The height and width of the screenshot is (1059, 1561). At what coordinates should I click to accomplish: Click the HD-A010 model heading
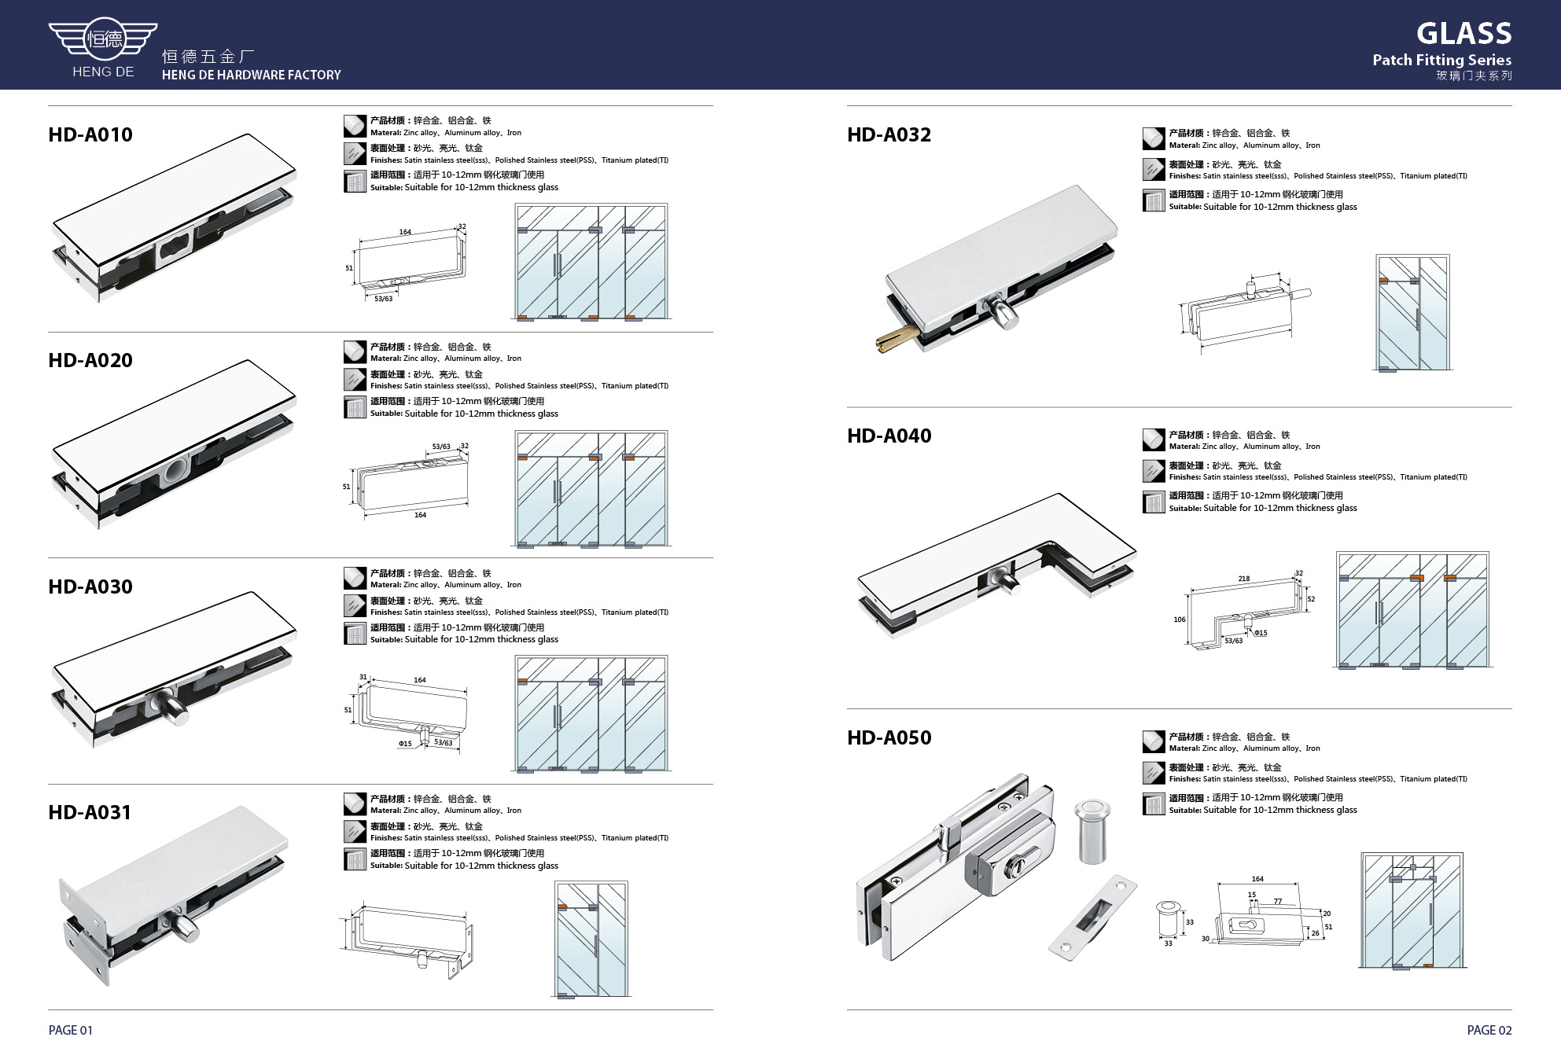pos(90,134)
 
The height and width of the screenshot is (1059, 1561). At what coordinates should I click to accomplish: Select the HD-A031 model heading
pos(90,812)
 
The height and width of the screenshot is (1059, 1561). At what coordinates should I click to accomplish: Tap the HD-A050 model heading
pos(889,737)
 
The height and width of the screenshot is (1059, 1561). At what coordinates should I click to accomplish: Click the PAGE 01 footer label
pos(71,1030)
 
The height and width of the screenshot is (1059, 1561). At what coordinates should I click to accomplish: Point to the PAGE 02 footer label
pos(1489,1030)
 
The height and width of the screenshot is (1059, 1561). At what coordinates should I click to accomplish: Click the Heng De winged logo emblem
pos(103,38)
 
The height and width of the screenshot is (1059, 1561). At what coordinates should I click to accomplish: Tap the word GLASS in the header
pos(1464,33)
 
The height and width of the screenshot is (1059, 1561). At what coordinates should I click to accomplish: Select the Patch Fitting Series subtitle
pos(1442,60)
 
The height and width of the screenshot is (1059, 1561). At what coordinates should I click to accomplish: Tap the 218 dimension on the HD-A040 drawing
pos(1243,579)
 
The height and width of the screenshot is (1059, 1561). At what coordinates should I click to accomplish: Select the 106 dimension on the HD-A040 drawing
pos(1180,620)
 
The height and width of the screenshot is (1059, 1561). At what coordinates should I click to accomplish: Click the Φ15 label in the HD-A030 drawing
pos(405,744)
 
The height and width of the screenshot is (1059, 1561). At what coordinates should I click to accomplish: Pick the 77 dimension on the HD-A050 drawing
pos(1277,902)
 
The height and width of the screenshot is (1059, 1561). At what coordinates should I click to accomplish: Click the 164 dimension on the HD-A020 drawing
pos(420,515)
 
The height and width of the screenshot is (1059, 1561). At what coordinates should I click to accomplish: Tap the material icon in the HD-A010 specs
pos(355,126)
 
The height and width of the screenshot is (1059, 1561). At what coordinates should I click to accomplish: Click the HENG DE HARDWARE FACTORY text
pos(252,75)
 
